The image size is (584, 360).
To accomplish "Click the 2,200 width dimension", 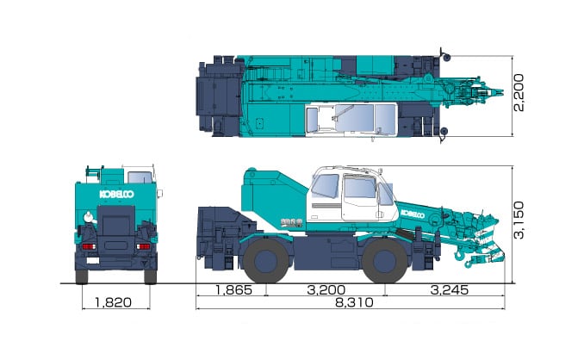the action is click(519, 93).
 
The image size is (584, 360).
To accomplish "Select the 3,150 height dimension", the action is click(519, 220).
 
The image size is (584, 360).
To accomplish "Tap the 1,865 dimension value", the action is click(234, 289).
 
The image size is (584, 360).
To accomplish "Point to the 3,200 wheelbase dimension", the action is click(326, 289).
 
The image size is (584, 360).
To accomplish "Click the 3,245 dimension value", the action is click(449, 289).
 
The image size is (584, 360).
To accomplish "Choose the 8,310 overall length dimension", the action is click(354, 302).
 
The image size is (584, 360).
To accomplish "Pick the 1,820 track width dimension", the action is click(113, 302).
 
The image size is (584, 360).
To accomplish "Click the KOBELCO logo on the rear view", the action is click(116, 194).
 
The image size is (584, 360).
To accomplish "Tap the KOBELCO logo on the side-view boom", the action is click(413, 214).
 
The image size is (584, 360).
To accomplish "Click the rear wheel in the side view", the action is click(265, 260).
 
